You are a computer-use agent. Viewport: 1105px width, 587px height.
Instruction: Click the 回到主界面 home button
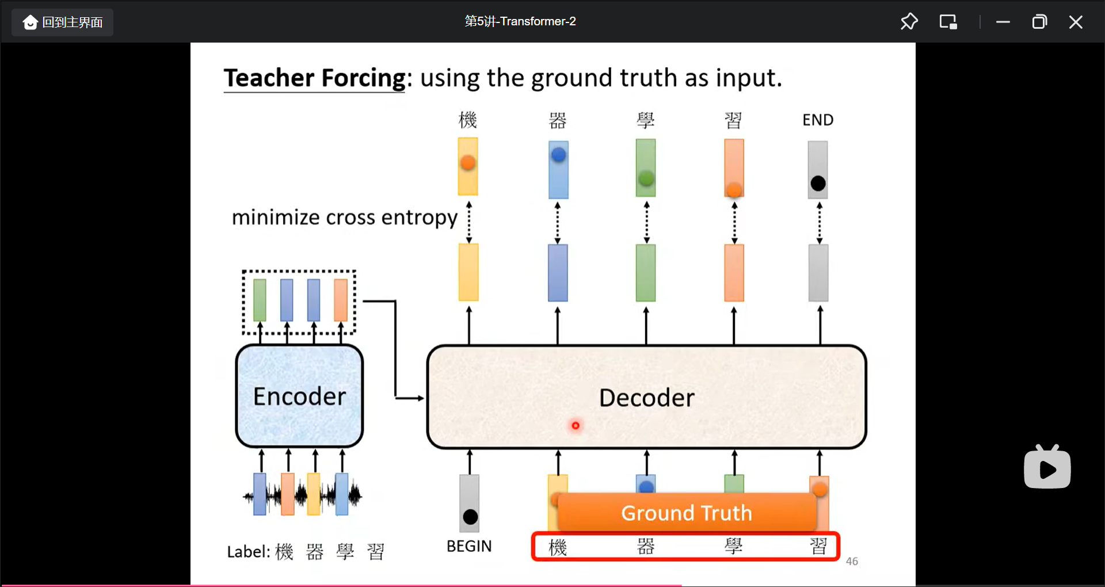pos(62,22)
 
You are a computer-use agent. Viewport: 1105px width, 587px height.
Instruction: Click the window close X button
pos(1075,22)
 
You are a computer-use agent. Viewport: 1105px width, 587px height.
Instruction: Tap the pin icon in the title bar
pos(909,22)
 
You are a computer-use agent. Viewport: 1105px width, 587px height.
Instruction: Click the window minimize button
pos(1003,22)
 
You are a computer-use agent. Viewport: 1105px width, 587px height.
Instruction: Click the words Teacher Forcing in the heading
pos(315,78)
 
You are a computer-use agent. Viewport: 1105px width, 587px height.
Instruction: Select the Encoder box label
pos(299,397)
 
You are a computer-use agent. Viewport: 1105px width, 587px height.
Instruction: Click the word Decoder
pos(646,398)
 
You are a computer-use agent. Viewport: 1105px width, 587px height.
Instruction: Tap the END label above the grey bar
pos(818,120)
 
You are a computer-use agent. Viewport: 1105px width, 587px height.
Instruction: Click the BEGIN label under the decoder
pos(469,546)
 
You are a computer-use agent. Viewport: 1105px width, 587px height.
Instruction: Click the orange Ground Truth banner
pos(686,512)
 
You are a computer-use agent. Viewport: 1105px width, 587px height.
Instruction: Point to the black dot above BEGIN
pos(470,517)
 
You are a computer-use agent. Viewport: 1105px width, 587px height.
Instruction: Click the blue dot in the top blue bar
pos(558,155)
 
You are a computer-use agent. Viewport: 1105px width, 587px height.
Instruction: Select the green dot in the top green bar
pos(646,178)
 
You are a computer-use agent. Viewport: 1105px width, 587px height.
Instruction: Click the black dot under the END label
pos(818,184)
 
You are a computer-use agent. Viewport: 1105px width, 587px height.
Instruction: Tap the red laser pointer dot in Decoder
pos(575,425)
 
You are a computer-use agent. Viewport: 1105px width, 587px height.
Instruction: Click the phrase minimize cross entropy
pos(344,218)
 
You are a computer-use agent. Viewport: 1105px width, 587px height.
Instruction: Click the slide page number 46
pos(852,561)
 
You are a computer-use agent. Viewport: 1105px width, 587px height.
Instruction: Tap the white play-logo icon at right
pos(1047,467)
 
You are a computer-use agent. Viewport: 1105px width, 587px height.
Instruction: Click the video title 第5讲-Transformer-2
pos(520,21)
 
